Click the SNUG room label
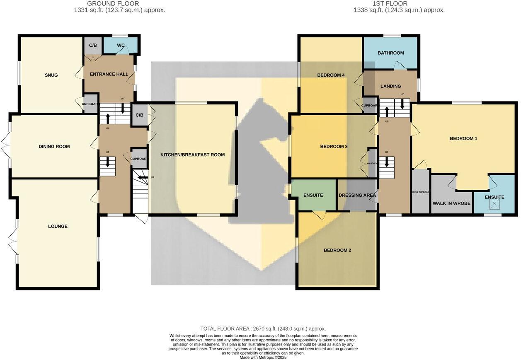point(51,75)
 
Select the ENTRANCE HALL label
point(109,74)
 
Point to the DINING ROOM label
point(54,147)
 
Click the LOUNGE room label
point(58,227)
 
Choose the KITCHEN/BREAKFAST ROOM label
point(193,155)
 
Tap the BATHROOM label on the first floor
point(390,53)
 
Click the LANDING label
point(390,86)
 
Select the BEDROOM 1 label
point(463,138)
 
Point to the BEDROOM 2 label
point(337,250)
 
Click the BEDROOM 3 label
point(334,147)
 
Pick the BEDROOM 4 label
point(331,75)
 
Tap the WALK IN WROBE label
point(451,203)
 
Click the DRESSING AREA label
point(357,195)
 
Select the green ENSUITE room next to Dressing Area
point(313,195)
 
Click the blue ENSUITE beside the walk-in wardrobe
point(494,197)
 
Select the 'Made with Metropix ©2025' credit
point(263,357)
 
